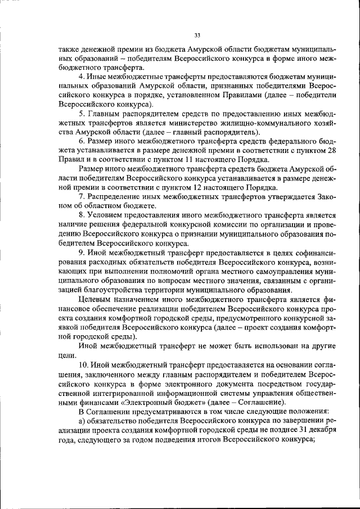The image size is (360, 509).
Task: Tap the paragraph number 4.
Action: [x=81, y=76]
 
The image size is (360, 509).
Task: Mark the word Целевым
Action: [x=93, y=301]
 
